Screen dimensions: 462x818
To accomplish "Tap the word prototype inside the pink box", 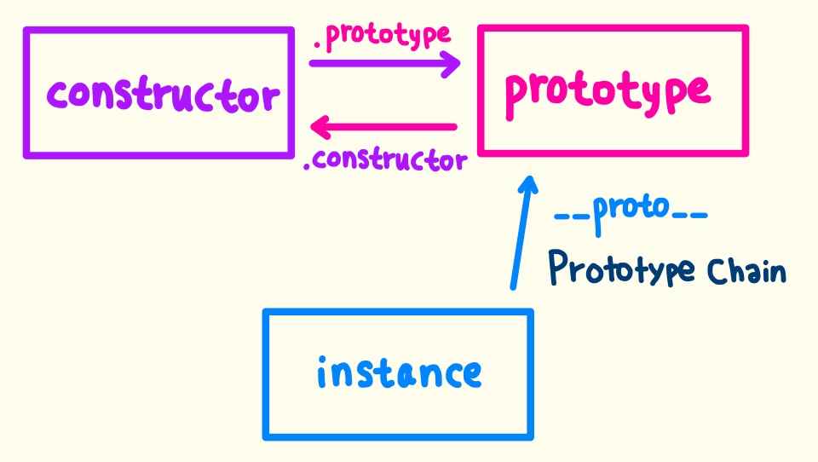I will point(607,91).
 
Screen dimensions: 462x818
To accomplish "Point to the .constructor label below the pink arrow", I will point(385,159).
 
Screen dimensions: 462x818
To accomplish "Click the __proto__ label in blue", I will point(631,210).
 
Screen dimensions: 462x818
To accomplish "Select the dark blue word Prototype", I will point(621,269).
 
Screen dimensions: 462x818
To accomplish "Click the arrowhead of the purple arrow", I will point(452,63).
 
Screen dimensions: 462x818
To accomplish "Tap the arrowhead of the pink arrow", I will point(320,128).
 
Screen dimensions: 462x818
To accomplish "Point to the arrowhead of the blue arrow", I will point(528,183).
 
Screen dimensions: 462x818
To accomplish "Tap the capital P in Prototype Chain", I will point(559,267).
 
